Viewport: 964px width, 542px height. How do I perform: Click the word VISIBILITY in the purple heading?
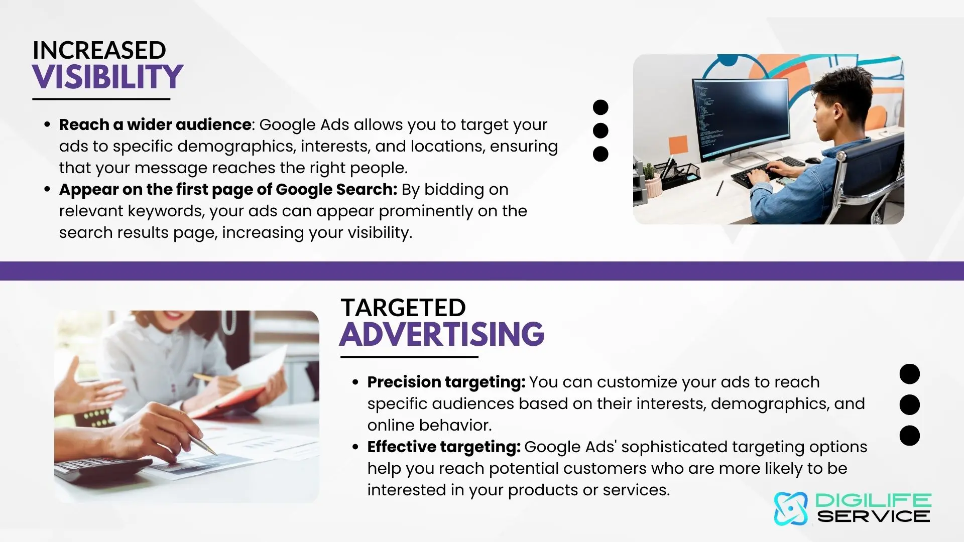click(107, 77)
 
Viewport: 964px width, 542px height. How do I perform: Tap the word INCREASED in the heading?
click(99, 50)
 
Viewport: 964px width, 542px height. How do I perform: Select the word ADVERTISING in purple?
click(442, 334)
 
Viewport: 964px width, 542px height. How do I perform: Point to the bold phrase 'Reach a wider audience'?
click(155, 124)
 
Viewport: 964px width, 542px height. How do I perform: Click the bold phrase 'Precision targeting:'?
click(446, 382)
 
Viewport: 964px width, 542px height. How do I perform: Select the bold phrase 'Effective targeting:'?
click(444, 447)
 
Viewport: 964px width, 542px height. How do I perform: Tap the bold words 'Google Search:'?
click(336, 190)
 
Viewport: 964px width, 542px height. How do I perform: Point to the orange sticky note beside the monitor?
click(678, 145)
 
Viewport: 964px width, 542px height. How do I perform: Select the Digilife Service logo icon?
click(791, 508)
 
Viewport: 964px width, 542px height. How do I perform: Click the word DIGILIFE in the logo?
click(873, 500)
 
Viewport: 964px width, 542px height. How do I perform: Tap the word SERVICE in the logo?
click(874, 516)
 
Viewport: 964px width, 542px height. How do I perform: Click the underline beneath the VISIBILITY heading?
click(101, 99)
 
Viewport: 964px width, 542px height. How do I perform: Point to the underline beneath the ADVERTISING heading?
click(409, 357)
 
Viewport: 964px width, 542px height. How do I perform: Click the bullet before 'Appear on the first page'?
click(47, 190)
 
